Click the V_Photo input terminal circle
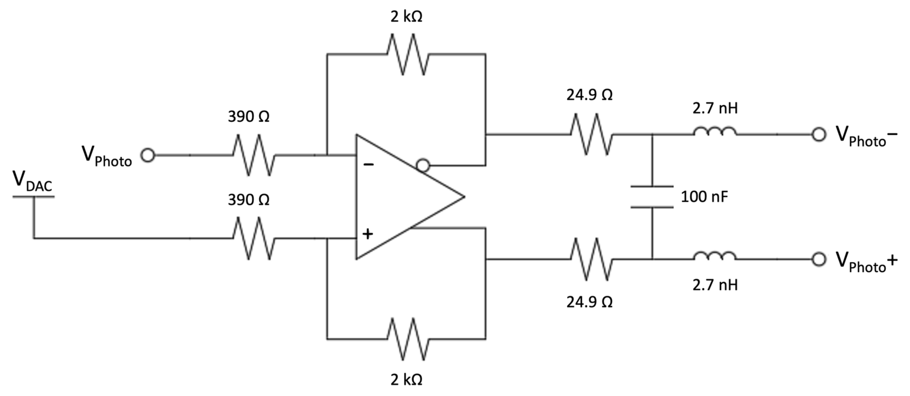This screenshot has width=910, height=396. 148,155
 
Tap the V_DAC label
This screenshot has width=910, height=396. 33,182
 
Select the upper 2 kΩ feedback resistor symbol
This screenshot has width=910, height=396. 407,54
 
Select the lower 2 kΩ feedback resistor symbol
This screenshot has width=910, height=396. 407,339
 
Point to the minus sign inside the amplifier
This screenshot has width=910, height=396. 368,164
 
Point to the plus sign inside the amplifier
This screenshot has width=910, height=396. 368,233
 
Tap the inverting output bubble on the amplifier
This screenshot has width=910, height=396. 423,165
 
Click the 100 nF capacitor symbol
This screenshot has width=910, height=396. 652,197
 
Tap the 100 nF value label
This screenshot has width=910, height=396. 704,197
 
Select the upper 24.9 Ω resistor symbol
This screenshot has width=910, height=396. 591,134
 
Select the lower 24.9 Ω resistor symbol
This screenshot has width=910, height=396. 591,259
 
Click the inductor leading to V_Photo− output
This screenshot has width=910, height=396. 715,132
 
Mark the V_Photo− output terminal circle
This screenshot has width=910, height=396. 818,135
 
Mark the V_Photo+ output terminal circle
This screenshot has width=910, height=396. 818,259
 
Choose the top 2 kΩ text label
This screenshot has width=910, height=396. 406,17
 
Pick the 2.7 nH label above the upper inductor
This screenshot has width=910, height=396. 715,109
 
